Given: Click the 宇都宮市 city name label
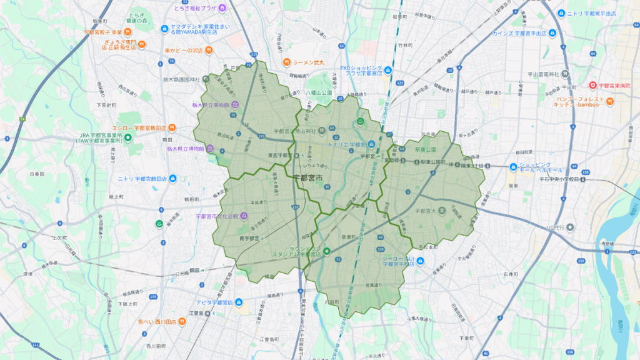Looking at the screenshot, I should [x=308, y=179].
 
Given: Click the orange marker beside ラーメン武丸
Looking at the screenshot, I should [x=287, y=61].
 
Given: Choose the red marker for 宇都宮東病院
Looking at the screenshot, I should [x=593, y=85].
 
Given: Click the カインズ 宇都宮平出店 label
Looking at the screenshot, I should [x=519, y=33].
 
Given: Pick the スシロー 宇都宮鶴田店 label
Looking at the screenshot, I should [x=140, y=126].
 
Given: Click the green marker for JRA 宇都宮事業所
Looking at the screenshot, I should [x=127, y=137].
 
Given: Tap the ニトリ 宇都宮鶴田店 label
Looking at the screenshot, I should [x=142, y=179].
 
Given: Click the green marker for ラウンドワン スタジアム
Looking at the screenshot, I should [x=326, y=251].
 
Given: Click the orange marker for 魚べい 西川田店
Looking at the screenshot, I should [x=181, y=322].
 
